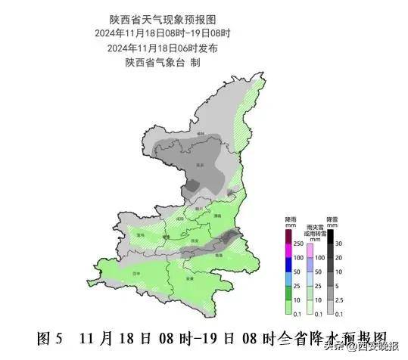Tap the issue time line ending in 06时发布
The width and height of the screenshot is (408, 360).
tap(162, 48)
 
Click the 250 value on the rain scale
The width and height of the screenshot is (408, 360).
tap(298, 244)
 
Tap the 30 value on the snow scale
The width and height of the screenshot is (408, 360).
tap(339, 243)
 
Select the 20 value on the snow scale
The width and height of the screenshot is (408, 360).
tap(339, 258)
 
